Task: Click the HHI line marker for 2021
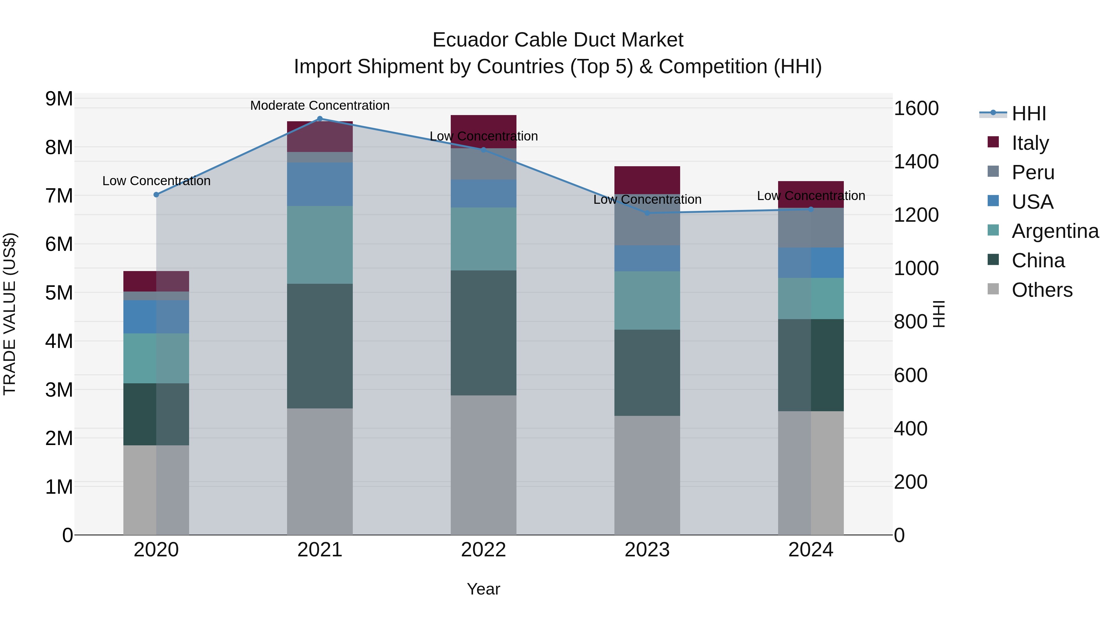320,118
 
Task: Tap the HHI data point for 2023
647,213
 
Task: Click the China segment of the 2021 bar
320,346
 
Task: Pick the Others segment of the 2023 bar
647,475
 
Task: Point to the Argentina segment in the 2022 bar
484,239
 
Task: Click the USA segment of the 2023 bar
647,258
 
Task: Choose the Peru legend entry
1033,172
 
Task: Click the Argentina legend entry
1055,231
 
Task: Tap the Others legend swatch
993,289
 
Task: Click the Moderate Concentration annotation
320,105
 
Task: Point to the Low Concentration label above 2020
157,181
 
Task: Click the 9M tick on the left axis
59,99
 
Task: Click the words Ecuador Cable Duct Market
558,40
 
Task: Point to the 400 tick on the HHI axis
911,429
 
